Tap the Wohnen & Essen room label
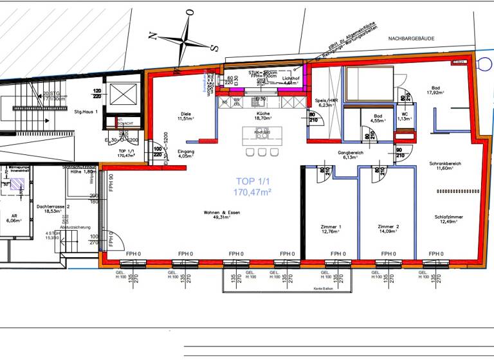click(x=217, y=214)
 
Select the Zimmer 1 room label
click(x=331, y=231)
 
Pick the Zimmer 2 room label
click(x=389, y=231)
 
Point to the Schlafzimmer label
click(x=448, y=220)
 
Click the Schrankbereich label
click(x=445, y=166)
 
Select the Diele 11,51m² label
click(x=185, y=116)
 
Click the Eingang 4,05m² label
click(x=185, y=153)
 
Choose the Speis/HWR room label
click(x=326, y=103)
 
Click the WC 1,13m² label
click(x=405, y=116)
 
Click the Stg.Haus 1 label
click(x=86, y=113)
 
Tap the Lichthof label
click(x=291, y=80)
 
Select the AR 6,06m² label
click(x=12, y=217)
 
